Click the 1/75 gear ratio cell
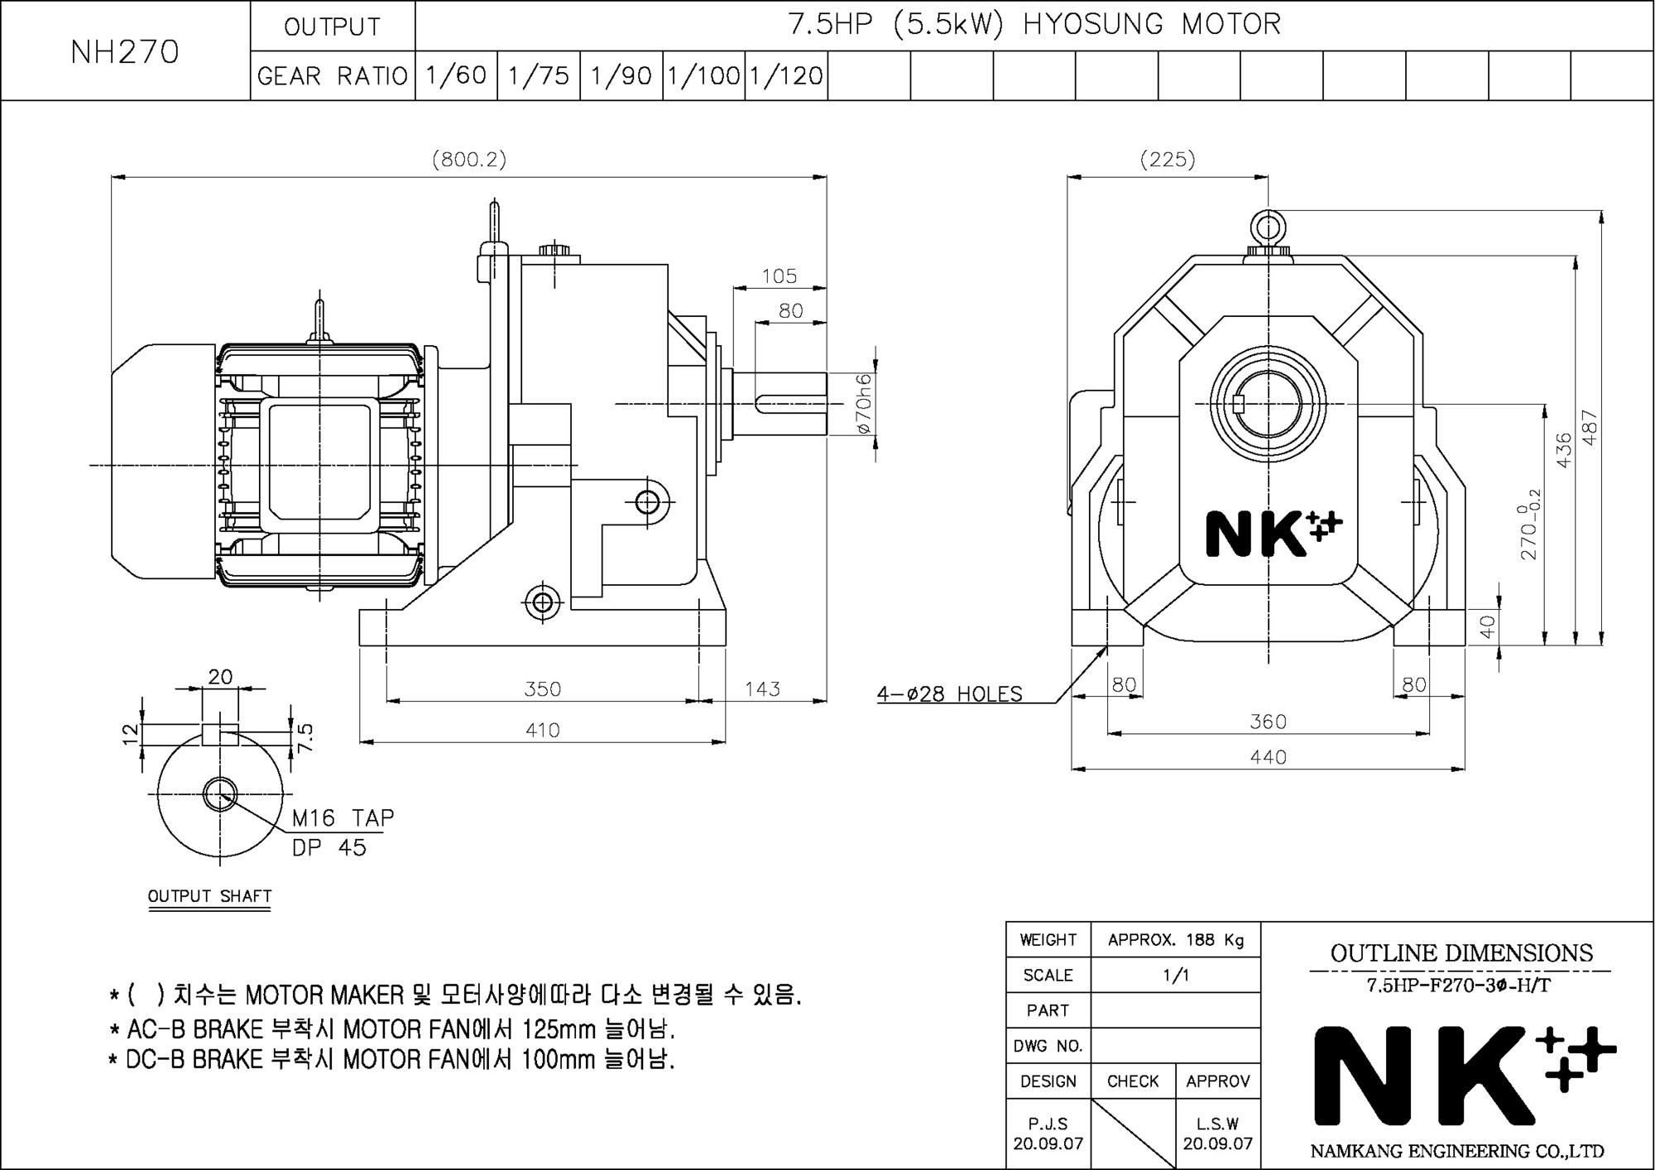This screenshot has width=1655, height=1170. click(x=539, y=76)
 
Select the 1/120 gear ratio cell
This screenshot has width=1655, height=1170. click(x=786, y=76)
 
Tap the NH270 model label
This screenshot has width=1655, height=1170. click(x=125, y=52)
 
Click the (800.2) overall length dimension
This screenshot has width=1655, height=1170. click(x=469, y=159)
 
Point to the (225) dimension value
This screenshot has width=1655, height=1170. click(x=1168, y=159)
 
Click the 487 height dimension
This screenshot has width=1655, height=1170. click(x=1590, y=428)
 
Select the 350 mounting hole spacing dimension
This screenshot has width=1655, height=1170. click(x=543, y=688)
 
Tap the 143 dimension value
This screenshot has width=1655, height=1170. click(x=762, y=688)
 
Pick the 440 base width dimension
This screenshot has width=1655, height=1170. click(x=1269, y=756)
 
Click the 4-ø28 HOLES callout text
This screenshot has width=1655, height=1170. click(x=950, y=693)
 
